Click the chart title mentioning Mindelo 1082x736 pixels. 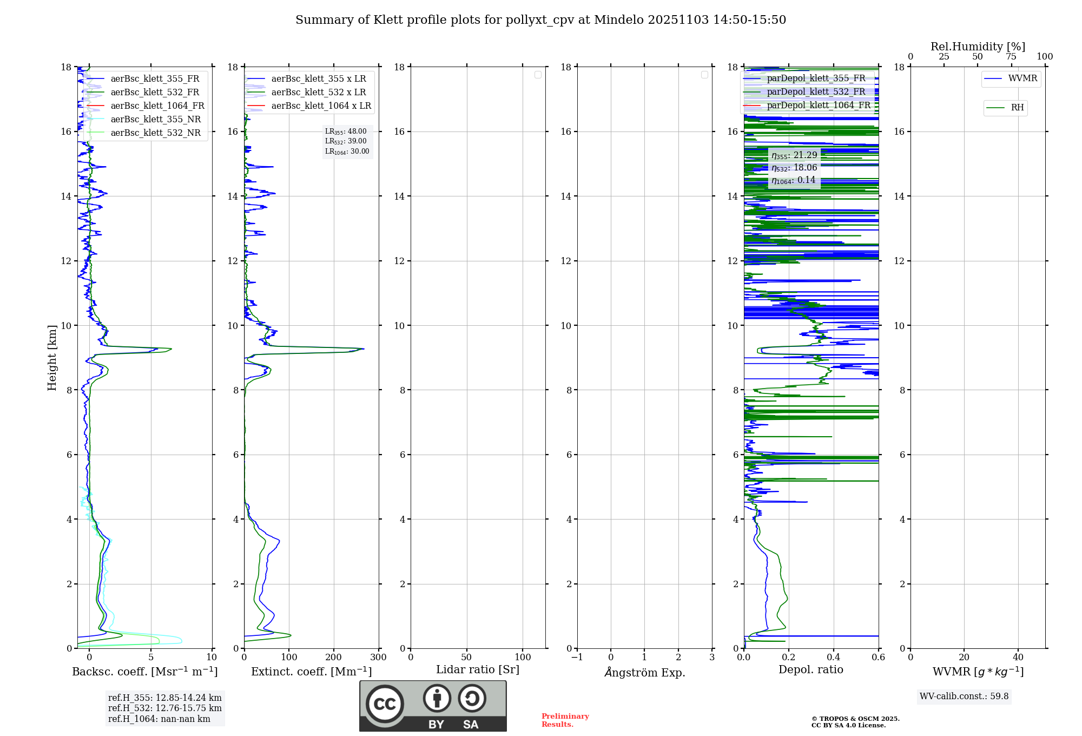click(540, 20)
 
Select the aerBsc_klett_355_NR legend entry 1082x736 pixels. click(155, 119)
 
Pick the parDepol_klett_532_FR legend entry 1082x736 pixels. click(816, 91)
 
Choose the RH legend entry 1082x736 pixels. click(1017, 108)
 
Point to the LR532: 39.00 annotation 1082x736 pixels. click(346, 141)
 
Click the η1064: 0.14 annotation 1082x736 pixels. click(793, 180)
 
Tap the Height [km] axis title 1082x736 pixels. click(52, 358)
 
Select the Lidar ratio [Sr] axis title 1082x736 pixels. click(478, 669)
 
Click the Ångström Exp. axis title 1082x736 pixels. click(645, 672)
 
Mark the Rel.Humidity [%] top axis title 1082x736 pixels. click(978, 47)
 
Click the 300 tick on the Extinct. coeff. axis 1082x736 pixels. click(378, 658)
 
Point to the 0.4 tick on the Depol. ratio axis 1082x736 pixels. click(834, 658)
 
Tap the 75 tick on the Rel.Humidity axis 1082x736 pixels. click(1011, 57)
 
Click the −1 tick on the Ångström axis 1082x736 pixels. click(577, 658)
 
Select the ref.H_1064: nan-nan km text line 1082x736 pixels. click(159, 719)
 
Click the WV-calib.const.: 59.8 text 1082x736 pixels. click(964, 696)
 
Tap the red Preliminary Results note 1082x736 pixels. click(565, 720)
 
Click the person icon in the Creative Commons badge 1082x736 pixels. click(437, 698)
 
